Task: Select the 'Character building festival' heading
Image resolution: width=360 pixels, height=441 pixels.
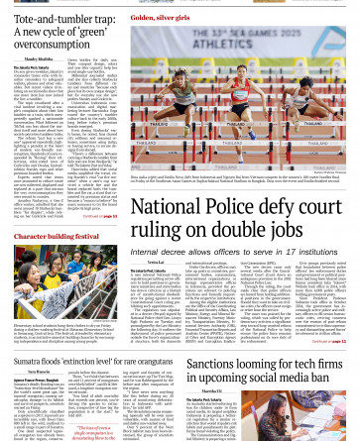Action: pyautogui.click(x=58, y=237)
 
